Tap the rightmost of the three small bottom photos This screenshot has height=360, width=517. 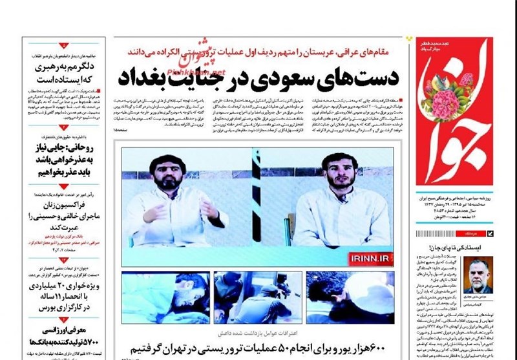click(349, 297)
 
